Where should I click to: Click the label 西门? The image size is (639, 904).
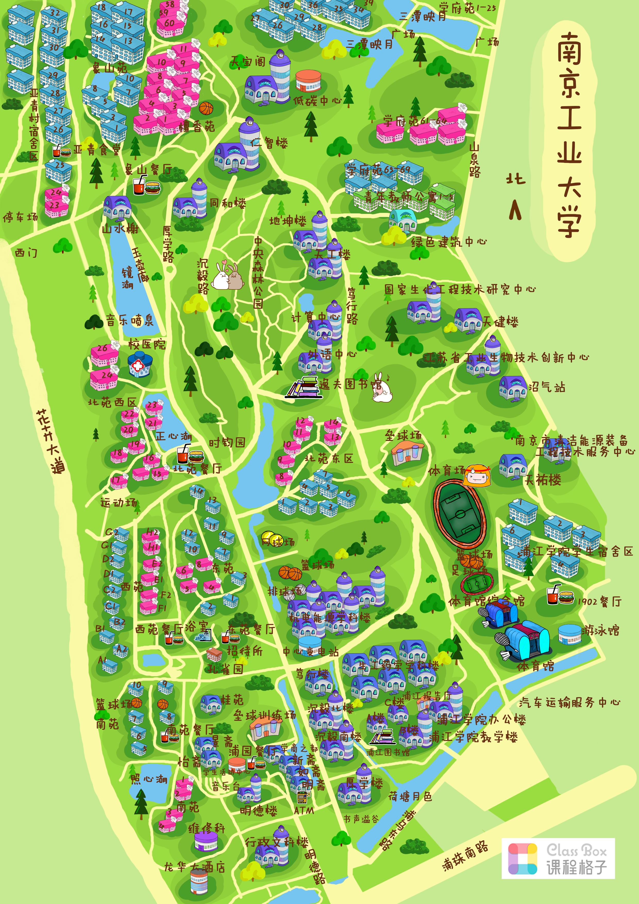26,252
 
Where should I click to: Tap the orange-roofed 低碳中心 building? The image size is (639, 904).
308,81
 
